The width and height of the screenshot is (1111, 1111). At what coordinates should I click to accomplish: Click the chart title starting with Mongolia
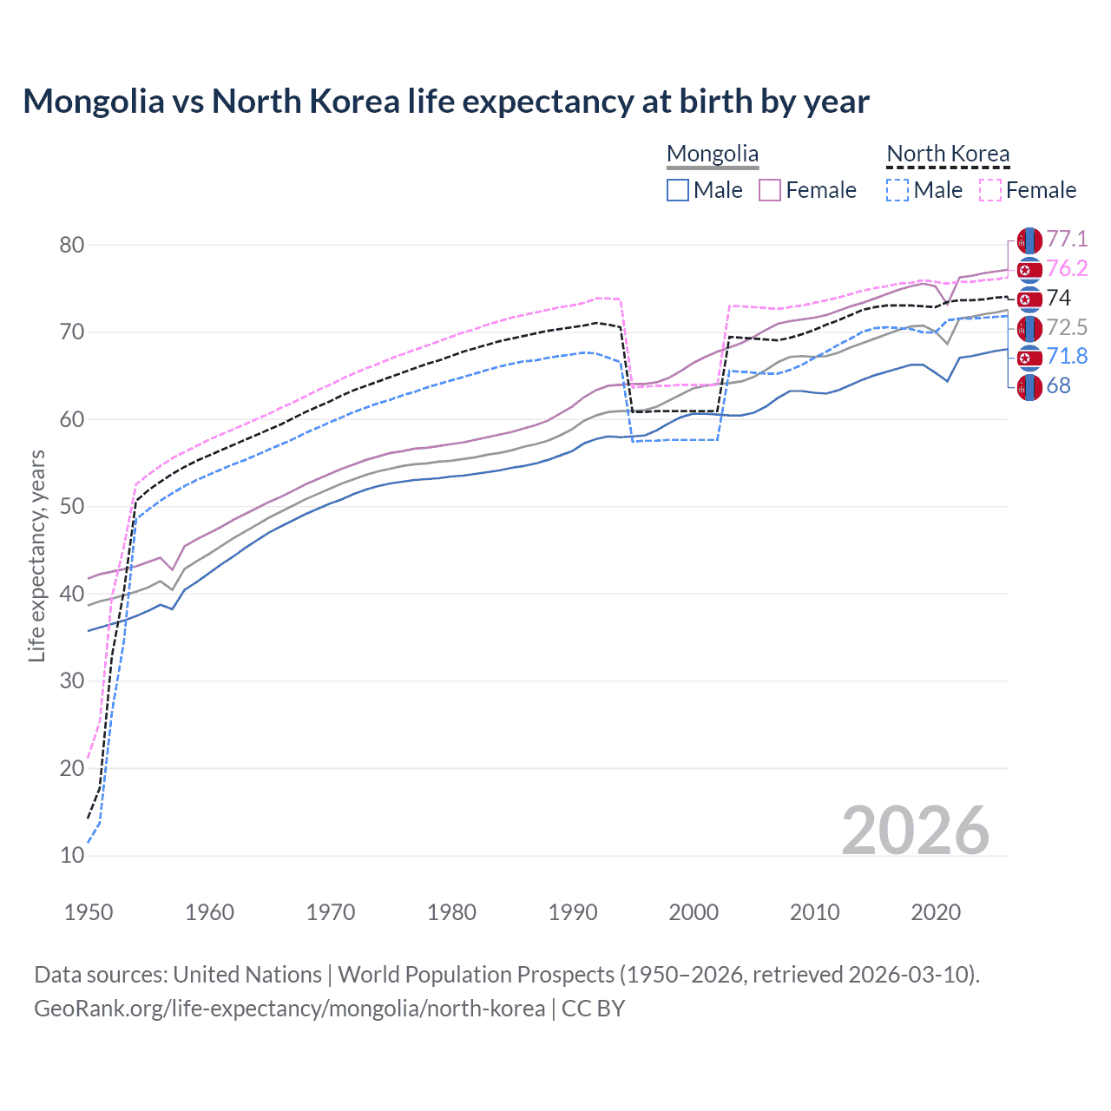pyautogui.click(x=445, y=102)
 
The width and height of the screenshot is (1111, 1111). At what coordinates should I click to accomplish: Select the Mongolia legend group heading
pyautogui.click(x=712, y=154)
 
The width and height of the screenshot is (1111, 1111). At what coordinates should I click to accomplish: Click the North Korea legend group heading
pyautogui.click(x=948, y=154)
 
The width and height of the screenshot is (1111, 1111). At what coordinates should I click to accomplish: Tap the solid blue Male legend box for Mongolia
pyautogui.click(x=678, y=190)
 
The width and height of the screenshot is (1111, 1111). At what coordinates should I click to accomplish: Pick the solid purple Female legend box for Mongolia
pyautogui.click(x=770, y=190)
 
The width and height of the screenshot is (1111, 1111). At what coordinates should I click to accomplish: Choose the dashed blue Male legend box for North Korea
pyautogui.click(x=897, y=190)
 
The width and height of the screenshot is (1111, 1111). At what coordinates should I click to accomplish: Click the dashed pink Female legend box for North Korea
pyautogui.click(x=990, y=190)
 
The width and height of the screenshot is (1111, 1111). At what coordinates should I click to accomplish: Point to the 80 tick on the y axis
pyautogui.click(x=72, y=246)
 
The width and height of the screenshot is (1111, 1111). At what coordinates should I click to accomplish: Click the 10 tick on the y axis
pyautogui.click(x=72, y=856)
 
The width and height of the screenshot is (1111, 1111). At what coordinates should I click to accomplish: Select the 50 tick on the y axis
pyautogui.click(x=72, y=507)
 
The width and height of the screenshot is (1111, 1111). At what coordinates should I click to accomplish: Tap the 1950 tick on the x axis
pyautogui.click(x=89, y=912)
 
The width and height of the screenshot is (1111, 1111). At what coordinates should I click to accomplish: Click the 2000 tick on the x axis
pyautogui.click(x=694, y=912)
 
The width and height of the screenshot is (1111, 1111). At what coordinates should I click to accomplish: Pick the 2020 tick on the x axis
pyautogui.click(x=936, y=912)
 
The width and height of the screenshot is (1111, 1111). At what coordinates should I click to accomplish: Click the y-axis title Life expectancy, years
pyautogui.click(x=37, y=555)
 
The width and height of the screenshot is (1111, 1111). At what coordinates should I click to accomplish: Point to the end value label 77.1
pyautogui.click(x=1067, y=240)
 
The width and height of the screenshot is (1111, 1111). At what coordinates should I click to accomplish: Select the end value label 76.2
pyautogui.click(x=1067, y=269)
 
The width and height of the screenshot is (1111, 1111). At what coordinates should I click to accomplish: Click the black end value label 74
pyautogui.click(x=1059, y=299)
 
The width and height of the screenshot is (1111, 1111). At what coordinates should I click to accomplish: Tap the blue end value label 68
pyautogui.click(x=1058, y=386)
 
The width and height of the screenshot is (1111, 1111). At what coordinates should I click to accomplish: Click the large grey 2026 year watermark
pyautogui.click(x=915, y=831)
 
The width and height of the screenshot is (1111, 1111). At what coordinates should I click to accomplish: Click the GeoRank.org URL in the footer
pyautogui.click(x=289, y=1009)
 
